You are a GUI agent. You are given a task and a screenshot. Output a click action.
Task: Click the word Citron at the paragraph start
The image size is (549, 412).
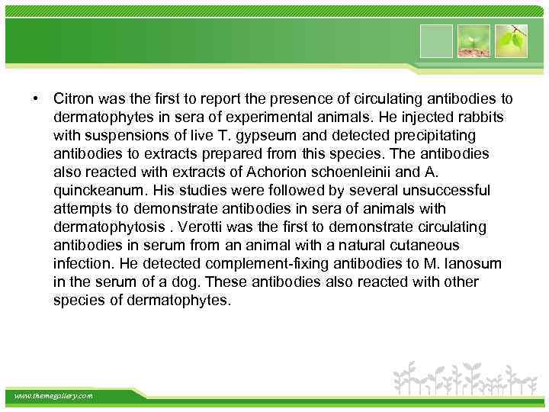(73, 99)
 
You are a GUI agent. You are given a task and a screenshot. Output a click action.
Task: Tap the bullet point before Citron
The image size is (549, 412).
(35, 99)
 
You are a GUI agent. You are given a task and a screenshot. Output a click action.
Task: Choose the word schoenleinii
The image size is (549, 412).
(374, 172)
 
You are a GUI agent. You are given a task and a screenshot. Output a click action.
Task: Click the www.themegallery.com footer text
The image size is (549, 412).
(54, 396)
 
